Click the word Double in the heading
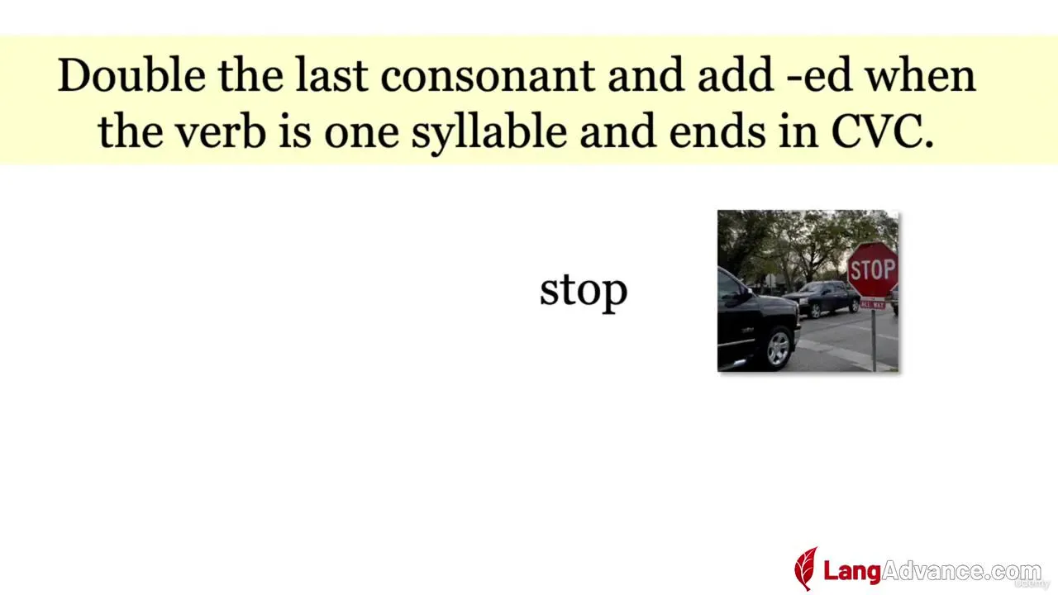131,75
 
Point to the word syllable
489,132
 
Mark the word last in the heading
331,75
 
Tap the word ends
717,131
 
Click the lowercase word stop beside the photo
584,292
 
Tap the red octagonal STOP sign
872,269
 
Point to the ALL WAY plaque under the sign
872,305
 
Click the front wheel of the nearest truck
778,348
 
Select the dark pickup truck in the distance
822,298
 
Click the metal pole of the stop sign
874,340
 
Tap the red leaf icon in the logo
806,569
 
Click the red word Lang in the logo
852,571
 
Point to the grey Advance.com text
961,571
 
